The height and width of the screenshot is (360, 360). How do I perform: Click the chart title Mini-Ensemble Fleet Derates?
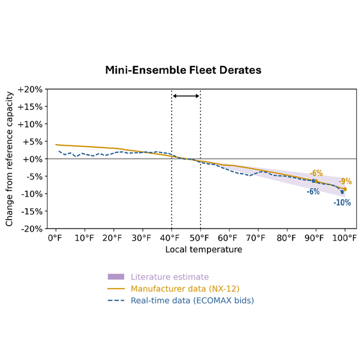(184, 70)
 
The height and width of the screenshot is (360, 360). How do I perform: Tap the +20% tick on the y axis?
(30, 89)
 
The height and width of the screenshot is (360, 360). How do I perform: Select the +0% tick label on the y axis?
(32, 159)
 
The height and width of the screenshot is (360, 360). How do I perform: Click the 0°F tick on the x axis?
(55, 237)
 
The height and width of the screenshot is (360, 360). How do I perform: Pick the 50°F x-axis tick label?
(200, 237)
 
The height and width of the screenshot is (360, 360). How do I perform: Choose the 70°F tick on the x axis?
(257, 237)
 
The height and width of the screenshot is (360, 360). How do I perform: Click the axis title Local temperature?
(204, 249)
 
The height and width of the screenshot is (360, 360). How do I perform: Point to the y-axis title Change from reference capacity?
(10, 159)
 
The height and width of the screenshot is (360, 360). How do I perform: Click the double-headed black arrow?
(186, 96)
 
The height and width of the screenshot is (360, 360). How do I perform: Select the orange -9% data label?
(345, 181)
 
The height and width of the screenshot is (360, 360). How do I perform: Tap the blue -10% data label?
(342, 203)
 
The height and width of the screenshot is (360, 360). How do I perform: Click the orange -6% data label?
(316, 173)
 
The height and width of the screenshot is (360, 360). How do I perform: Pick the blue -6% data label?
(313, 191)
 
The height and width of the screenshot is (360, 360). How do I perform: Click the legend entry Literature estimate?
(169, 277)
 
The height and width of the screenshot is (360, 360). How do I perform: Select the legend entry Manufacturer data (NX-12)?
(180, 289)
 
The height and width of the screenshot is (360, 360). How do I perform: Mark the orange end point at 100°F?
(344, 189)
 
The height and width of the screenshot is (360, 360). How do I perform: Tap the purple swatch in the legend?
(116, 277)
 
